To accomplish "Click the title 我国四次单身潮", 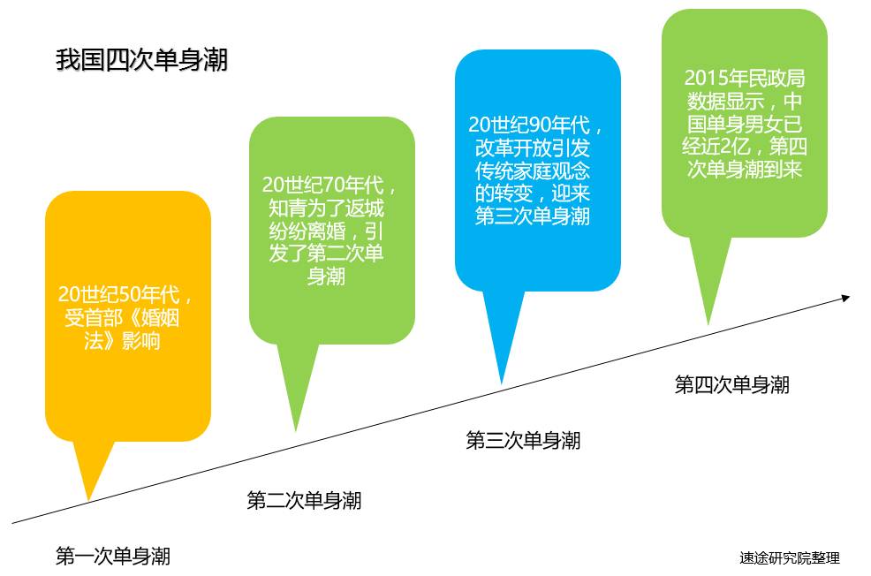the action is point(141,61).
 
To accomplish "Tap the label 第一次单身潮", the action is point(112,557).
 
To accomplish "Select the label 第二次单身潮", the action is point(303,501).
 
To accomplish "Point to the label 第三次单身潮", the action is point(523,440).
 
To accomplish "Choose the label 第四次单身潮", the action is point(731,384).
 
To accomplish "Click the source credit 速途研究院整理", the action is point(790,558).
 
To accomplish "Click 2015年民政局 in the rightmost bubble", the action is point(744,78).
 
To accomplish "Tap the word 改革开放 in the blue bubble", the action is point(506,147).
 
